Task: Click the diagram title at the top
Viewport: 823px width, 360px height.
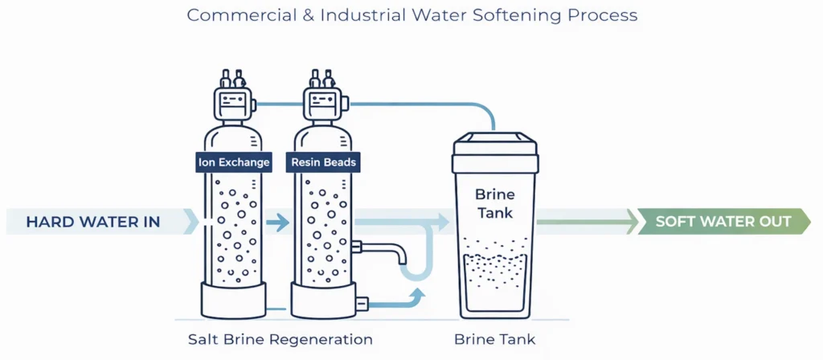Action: (x=412, y=15)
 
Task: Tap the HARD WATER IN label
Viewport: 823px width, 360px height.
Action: (x=93, y=222)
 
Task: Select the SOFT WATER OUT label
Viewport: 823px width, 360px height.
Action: (x=723, y=221)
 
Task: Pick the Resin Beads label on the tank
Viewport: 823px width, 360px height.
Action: (x=325, y=162)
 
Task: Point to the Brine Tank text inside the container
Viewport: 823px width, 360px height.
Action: (x=494, y=202)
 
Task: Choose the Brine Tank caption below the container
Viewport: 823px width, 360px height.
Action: (x=494, y=339)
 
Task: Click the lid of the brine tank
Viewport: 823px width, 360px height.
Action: (x=494, y=145)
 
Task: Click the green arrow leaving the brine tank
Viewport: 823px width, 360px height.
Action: (x=587, y=221)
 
